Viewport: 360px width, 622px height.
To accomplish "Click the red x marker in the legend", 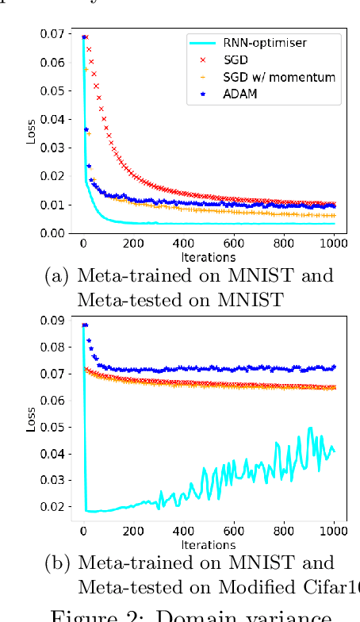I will (202, 60).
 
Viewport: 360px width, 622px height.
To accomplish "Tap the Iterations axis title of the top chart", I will (209, 257).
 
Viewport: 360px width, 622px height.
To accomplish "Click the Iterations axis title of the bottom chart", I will (209, 544).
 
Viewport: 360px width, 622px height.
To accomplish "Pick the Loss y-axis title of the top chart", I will (32, 133).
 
